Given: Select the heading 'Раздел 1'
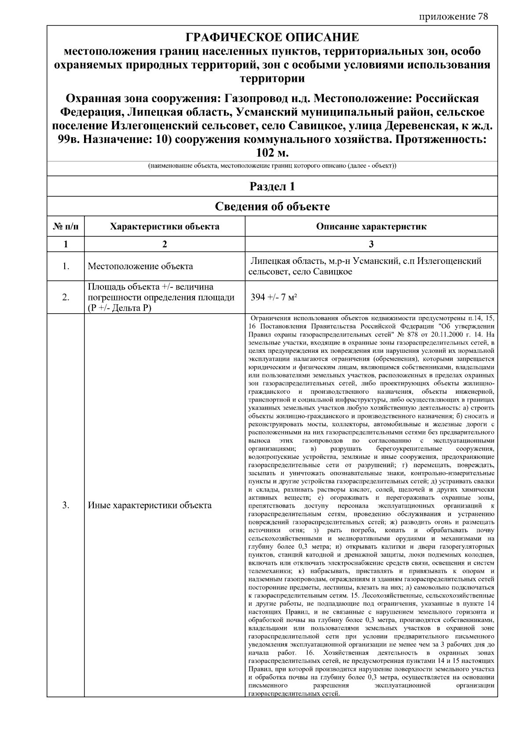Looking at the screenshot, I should pyautogui.click(x=272, y=187).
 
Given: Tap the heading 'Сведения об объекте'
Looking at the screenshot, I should pyautogui.click(x=272, y=206).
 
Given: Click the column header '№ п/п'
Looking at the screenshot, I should pyautogui.click(x=66, y=227).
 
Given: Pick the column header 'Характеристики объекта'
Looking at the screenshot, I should pyautogui.click(x=165, y=227).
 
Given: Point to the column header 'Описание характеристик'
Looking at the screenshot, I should pyautogui.click(x=371, y=227).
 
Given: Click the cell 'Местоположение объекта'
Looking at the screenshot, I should pyautogui.click(x=140, y=266).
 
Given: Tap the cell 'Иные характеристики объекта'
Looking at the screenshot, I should pyautogui.click(x=150, y=505).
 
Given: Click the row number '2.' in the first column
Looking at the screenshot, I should pyautogui.click(x=66, y=297).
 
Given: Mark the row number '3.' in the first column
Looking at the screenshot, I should pyautogui.click(x=66, y=505).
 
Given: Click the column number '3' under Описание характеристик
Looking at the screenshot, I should pyautogui.click(x=371, y=244).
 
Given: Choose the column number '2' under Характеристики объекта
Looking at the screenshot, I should pyautogui.click(x=165, y=244).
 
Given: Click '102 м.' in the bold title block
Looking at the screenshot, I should pyautogui.click(x=272, y=154).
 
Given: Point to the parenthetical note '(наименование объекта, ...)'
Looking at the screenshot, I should pyautogui.click(x=272, y=166).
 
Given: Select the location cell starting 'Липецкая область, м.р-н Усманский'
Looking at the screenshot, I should pyautogui.click(x=365, y=266).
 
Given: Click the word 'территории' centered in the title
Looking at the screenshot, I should pyautogui.click(x=272, y=79).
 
